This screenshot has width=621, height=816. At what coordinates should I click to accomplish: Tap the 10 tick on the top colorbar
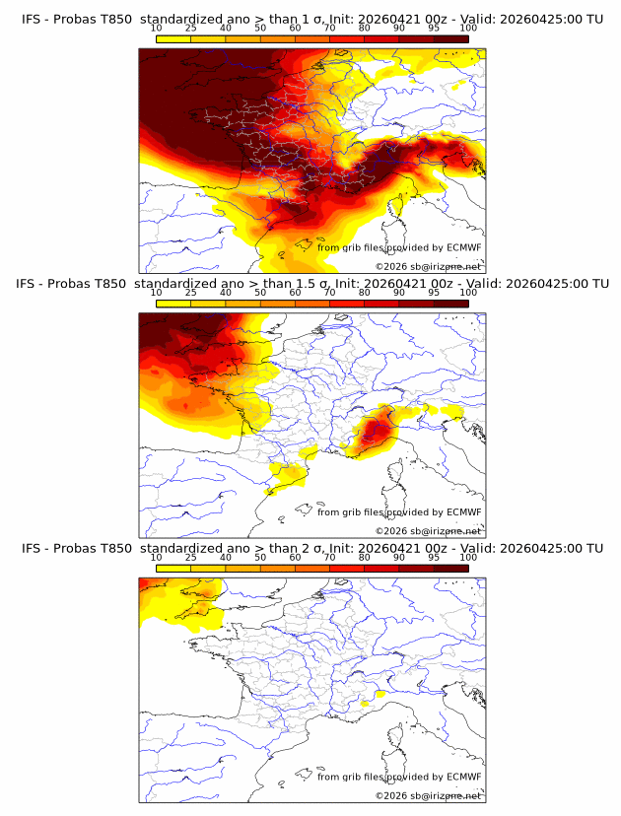point(156,29)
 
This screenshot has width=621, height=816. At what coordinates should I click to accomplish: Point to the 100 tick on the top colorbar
point(468,29)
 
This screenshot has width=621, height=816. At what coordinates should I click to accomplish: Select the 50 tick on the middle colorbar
point(260,293)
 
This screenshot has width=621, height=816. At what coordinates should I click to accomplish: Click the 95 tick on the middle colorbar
point(434,293)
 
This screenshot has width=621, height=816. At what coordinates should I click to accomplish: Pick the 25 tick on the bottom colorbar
point(190,557)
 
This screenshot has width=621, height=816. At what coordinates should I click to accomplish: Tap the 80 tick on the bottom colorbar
point(365,557)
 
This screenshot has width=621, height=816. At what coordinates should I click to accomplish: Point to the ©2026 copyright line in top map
point(428,266)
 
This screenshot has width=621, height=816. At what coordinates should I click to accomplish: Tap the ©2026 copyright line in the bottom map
point(428,795)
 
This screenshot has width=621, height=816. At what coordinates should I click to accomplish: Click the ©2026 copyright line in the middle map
point(428,530)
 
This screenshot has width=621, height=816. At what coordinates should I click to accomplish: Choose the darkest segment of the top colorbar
point(450,38)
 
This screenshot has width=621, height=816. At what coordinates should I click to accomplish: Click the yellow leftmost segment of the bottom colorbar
point(172,568)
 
